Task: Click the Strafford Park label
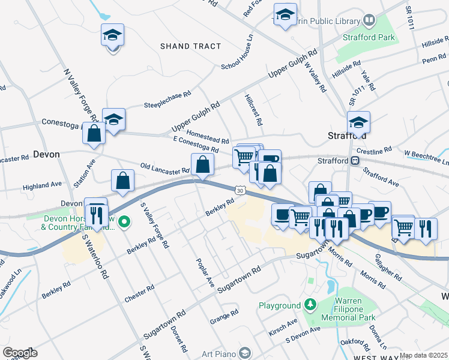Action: click(x=369, y=37)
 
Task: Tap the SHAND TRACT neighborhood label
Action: click(x=191, y=46)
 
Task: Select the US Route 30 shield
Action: click(x=240, y=190)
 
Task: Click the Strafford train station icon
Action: click(x=355, y=161)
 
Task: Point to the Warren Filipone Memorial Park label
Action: click(x=349, y=311)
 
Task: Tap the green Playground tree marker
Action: click(x=310, y=305)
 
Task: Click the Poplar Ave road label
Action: click(x=205, y=273)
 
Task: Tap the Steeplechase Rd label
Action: click(x=167, y=101)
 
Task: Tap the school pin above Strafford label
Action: click(x=358, y=124)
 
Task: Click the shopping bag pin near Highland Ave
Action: click(x=122, y=181)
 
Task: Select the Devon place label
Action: click(x=46, y=154)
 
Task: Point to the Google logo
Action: click(x=20, y=353)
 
